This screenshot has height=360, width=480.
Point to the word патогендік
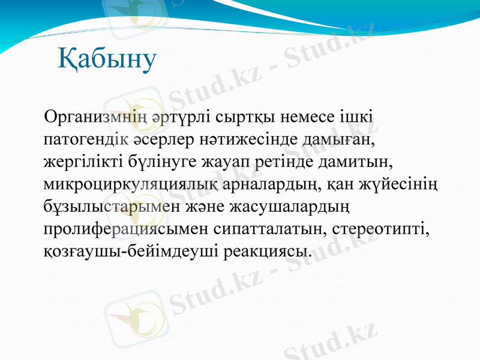coord(85,139)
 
